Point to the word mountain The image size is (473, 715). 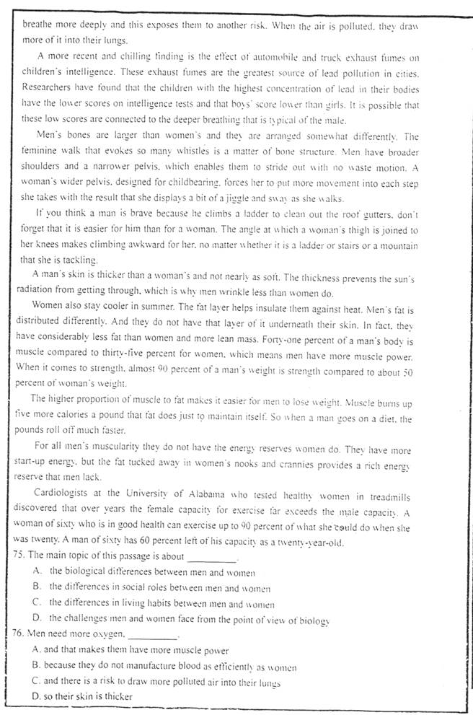point(395,246)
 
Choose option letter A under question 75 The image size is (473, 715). point(37,571)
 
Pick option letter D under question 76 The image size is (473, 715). point(37,697)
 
